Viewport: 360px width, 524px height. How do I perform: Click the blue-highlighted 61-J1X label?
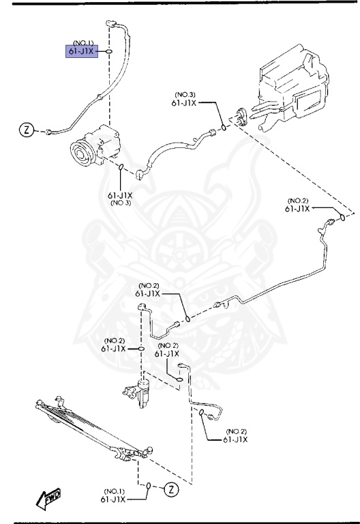[x=82, y=51]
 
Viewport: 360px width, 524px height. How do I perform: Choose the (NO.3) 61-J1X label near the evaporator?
[x=185, y=100]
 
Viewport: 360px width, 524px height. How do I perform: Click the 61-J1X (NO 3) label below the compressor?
[x=121, y=199]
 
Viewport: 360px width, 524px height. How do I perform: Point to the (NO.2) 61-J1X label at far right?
[x=298, y=205]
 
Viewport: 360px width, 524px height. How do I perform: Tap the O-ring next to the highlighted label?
[x=108, y=51]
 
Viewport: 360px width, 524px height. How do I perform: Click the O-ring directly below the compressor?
[x=121, y=167]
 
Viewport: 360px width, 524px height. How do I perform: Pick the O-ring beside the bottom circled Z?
[x=149, y=486]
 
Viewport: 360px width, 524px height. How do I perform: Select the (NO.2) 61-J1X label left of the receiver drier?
[x=114, y=345]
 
